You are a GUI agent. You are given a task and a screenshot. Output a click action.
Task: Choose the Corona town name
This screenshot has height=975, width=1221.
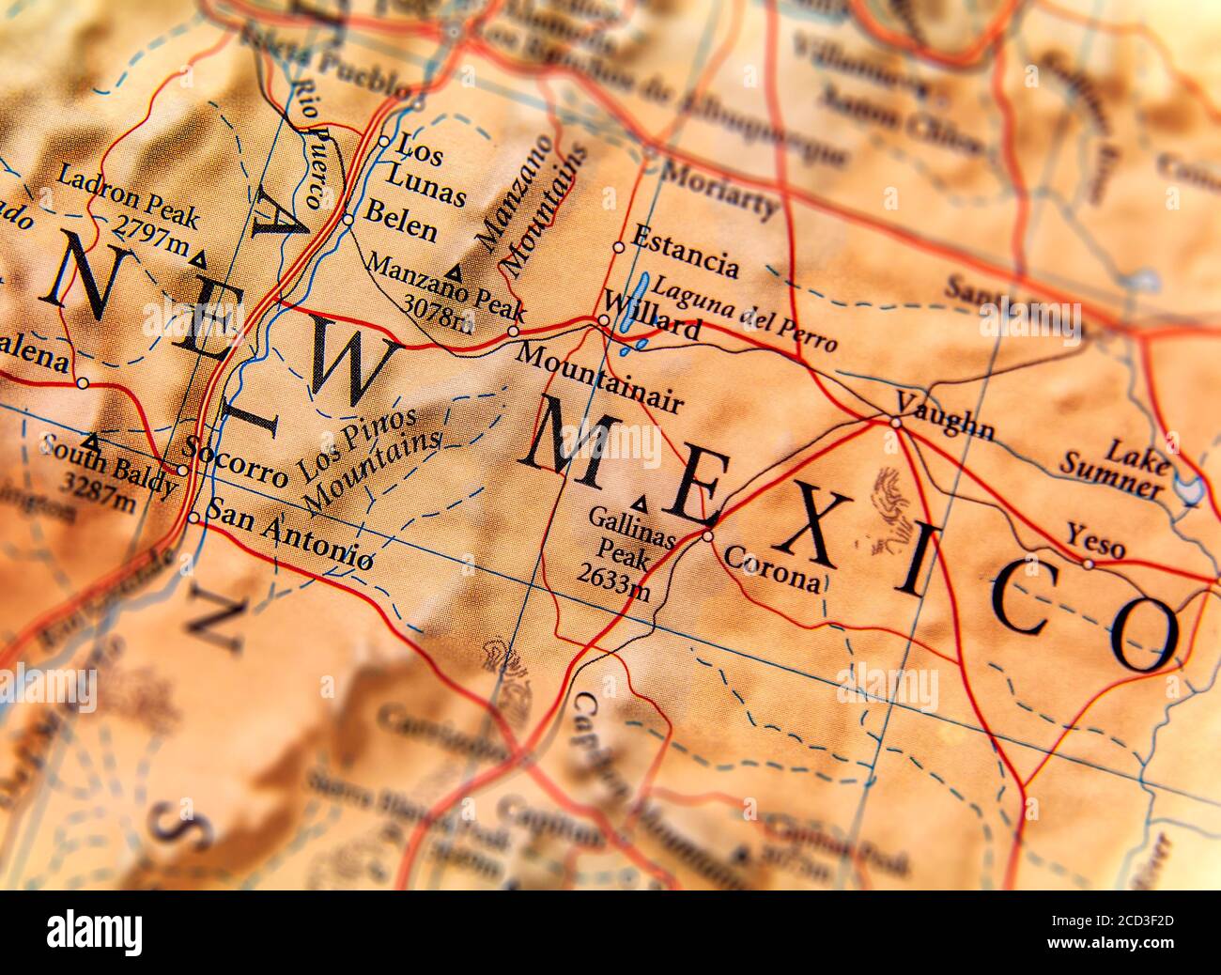[771, 567]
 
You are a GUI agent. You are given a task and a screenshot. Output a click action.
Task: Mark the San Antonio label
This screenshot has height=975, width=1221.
[287, 534]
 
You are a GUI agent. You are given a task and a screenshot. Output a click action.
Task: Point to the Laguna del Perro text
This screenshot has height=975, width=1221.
[744, 313]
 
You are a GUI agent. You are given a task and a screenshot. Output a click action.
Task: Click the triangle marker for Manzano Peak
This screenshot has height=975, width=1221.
[456, 272]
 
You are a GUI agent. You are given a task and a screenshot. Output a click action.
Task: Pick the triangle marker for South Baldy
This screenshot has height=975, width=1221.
[91, 439]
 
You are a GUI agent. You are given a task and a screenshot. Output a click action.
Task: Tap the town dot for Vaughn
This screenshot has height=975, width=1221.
[895, 423]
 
